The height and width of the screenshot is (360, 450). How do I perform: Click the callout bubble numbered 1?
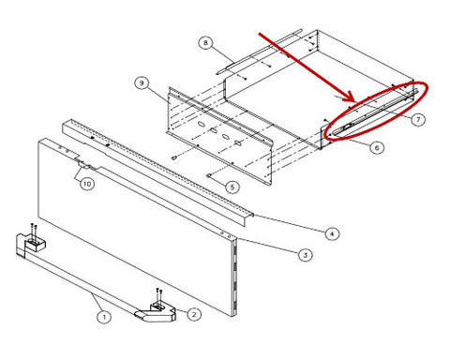(104, 317)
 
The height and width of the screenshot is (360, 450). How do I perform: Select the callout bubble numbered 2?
(194, 314)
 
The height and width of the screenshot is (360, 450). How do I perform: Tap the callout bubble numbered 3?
(305, 255)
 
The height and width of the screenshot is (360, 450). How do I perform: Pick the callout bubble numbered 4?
(332, 233)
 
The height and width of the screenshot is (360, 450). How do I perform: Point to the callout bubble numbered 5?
(232, 187)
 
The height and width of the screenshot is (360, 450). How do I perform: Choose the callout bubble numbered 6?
(377, 147)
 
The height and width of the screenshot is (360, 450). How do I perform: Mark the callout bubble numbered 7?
(418, 119)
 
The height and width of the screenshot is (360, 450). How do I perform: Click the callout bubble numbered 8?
(205, 42)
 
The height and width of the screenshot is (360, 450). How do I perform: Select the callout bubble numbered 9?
(142, 83)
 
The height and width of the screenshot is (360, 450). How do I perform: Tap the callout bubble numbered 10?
(87, 184)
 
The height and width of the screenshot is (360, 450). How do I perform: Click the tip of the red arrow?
(355, 101)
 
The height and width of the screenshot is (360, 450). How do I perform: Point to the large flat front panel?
(138, 228)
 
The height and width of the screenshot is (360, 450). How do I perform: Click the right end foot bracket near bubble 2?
(157, 312)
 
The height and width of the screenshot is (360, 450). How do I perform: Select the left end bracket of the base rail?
(30, 245)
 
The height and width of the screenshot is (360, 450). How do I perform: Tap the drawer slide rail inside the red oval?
(375, 112)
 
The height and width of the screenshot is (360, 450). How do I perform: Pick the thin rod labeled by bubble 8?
(259, 52)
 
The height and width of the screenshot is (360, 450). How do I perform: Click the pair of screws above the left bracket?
(34, 231)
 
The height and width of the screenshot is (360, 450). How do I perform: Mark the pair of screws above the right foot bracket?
(158, 295)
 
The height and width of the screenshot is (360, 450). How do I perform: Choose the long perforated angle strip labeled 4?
(157, 172)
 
